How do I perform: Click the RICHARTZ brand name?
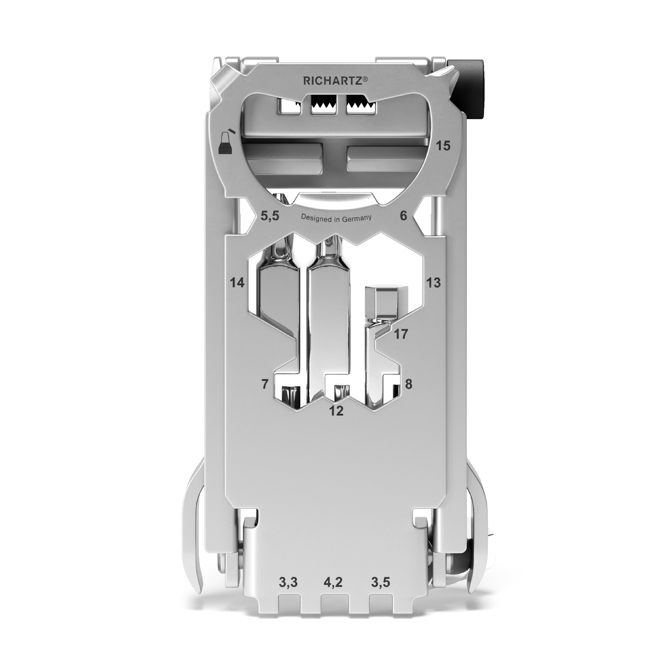point(332,81)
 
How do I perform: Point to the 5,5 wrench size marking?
point(270,216)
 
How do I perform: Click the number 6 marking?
point(403,216)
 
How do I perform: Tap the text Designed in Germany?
point(336,218)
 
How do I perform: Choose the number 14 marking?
point(237,282)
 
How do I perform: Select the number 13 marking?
point(433,282)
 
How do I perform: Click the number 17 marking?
point(401,334)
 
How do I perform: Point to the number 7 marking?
point(265,384)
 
